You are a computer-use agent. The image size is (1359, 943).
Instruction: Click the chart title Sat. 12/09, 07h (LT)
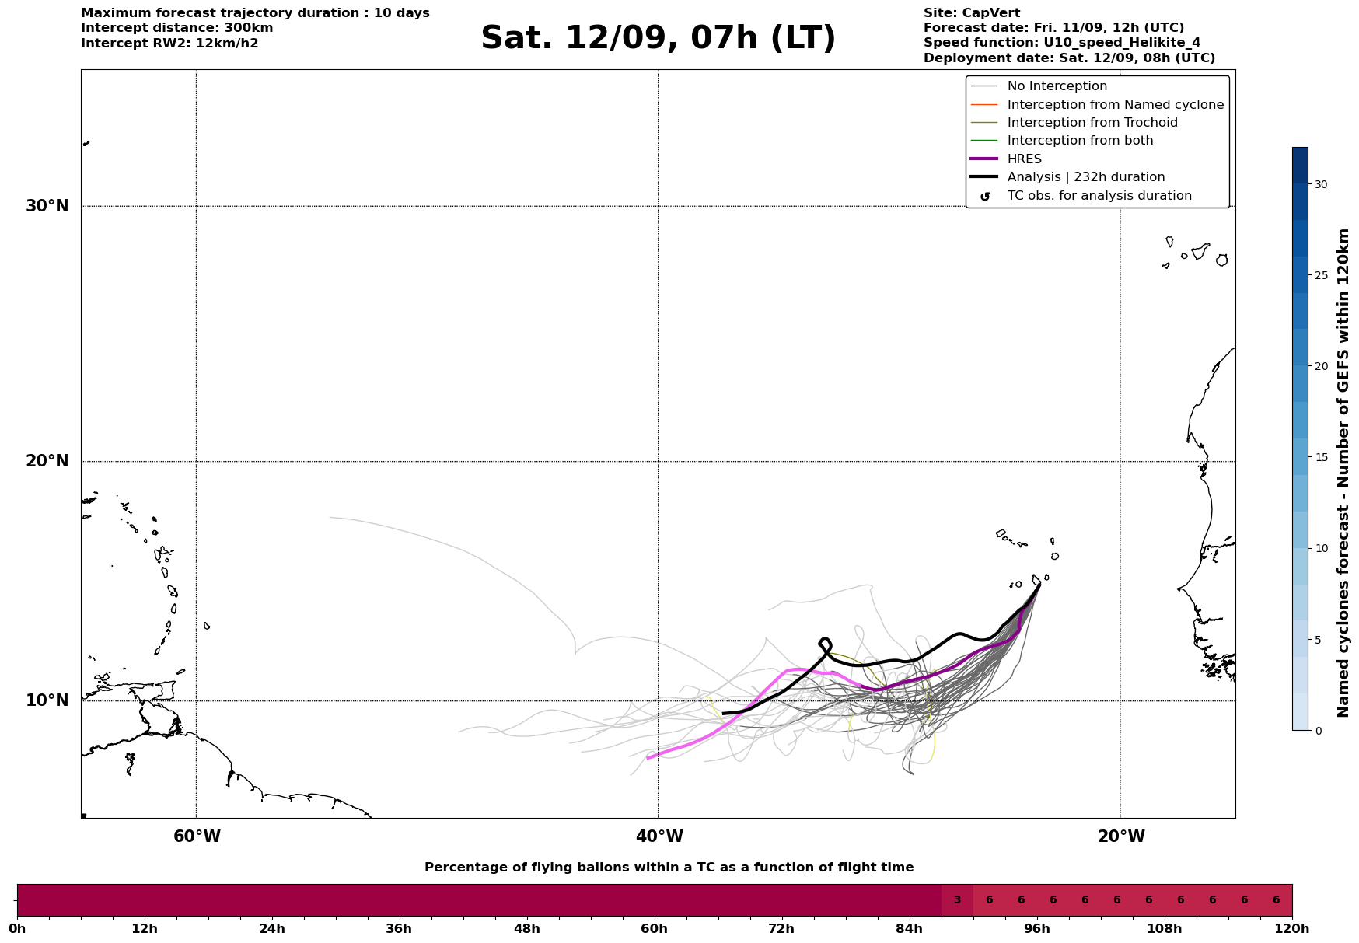click(x=658, y=38)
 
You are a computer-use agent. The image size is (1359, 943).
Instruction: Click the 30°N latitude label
click(x=47, y=206)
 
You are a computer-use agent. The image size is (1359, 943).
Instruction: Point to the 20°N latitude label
click(x=47, y=461)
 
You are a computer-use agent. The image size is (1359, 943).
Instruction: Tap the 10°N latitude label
click(x=47, y=700)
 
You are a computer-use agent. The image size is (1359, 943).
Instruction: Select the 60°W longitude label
click(x=197, y=836)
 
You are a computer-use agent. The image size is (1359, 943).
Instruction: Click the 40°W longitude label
click(x=659, y=836)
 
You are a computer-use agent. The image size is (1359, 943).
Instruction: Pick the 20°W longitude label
click(x=1121, y=836)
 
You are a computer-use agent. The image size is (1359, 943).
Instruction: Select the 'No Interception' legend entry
click(x=1039, y=86)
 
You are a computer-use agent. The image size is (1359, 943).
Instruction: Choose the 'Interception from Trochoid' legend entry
click(x=1074, y=123)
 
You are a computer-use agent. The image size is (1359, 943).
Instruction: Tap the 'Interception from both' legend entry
click(x=1062, y=141)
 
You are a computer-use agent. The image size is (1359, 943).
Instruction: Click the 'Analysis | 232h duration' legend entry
click(x=1067, y=177)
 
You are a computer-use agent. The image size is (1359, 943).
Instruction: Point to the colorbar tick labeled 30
click(x=1321, y=184)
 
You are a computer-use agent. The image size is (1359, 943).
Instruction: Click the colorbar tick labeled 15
click(x=1321, y=457)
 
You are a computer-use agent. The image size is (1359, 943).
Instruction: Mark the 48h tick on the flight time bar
click(x=526, y=928)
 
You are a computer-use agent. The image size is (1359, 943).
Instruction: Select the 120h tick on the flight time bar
click(x=1292, y=928)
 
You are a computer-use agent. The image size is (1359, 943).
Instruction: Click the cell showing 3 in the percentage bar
click(x=957, y=900)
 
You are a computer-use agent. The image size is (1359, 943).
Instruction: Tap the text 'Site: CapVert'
click(x=972, y=13)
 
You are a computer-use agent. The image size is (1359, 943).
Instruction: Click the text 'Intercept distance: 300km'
click(x=177, y=28)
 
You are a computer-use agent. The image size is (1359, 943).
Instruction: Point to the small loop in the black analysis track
click(x=825, y=645)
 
